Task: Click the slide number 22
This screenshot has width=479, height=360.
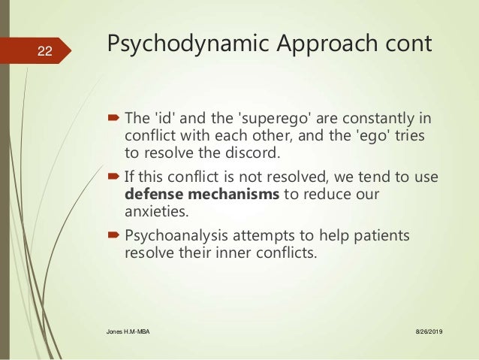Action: (45, 51)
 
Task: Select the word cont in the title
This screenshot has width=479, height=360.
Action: (407, 44)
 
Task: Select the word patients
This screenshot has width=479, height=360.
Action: (383, 235)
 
